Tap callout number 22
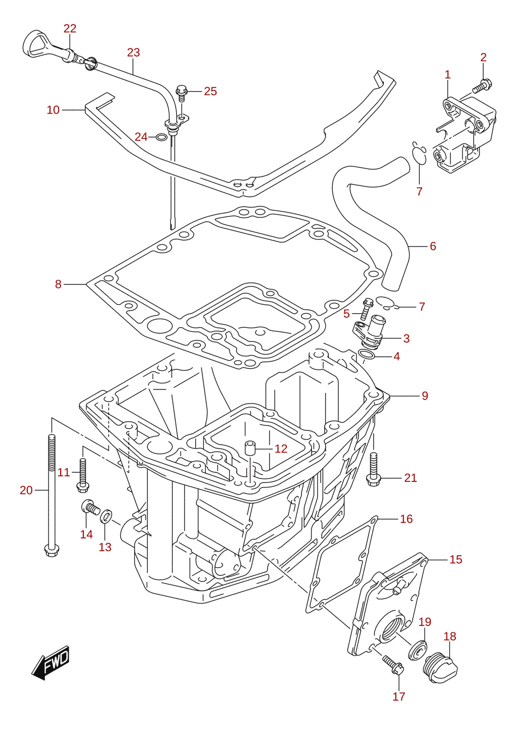point(70,29)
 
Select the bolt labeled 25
point(181,92)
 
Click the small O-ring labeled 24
point(161,137)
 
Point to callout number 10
point(53,110)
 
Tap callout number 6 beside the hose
point(433,246)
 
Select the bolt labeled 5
point(367,309)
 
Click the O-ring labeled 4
point(366,355)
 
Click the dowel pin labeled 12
point(249,448)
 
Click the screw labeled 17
point(393,663)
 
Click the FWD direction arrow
point(51,663)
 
